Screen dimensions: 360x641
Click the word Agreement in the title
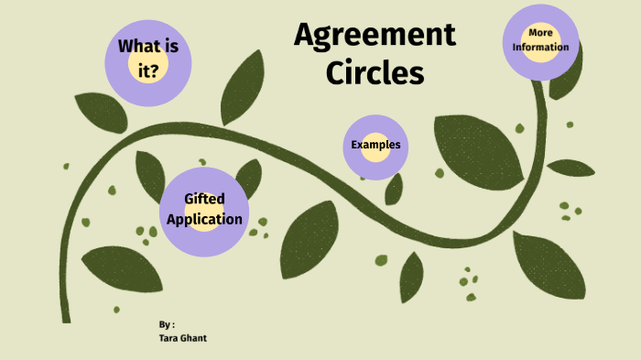375,35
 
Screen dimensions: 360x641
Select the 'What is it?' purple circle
149,61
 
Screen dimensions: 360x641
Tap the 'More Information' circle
541,41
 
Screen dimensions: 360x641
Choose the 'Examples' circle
376,146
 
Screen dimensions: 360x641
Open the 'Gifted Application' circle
204,211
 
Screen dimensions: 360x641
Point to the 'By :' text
167,325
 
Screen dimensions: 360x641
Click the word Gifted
204,199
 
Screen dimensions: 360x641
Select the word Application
204,219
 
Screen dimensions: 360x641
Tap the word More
540,33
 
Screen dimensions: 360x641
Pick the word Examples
376,146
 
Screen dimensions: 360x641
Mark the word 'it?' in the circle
149,71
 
